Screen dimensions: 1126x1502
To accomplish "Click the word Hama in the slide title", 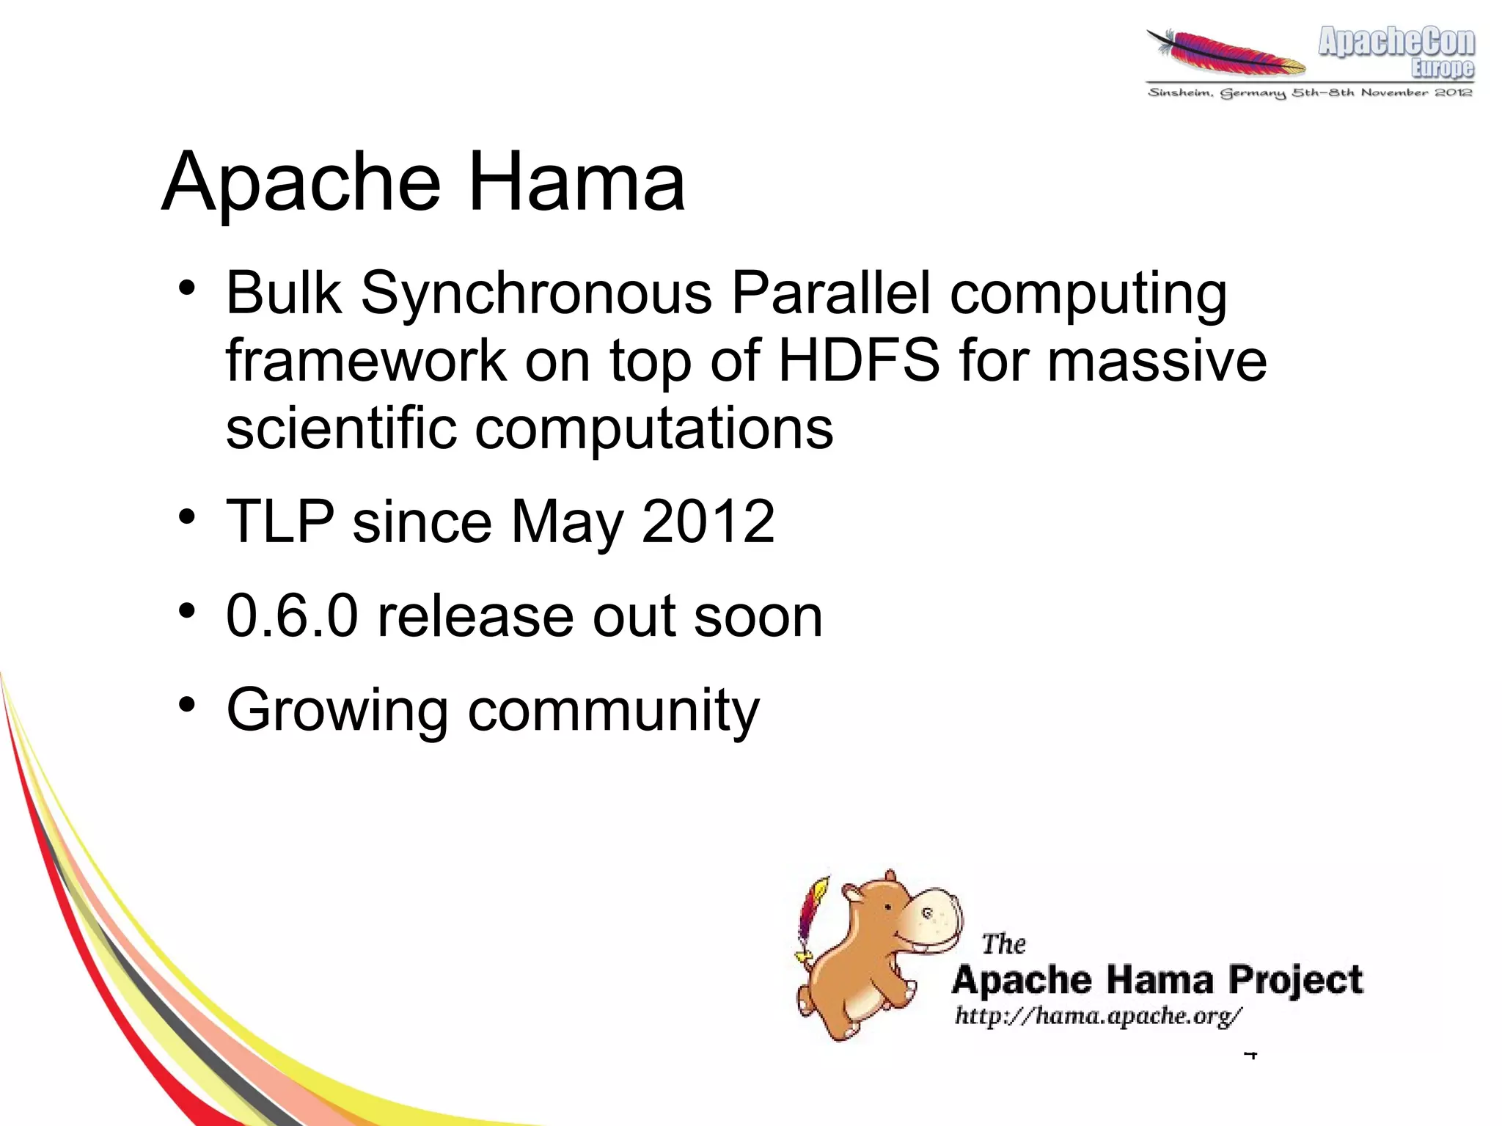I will point(576,182).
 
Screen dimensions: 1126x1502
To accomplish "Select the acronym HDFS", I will point(858,360).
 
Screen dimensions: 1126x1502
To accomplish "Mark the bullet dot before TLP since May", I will point(188,516).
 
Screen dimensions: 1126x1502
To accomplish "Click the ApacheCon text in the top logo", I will point(1396,42).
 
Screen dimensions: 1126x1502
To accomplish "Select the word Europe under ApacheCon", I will point(1442,68).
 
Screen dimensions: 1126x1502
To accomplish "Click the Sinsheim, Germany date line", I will point(1310,92).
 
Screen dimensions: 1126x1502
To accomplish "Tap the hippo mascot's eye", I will point(888,907).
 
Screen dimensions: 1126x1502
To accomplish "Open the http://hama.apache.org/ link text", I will point(1098,1016).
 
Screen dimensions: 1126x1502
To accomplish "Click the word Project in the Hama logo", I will point(1296,981).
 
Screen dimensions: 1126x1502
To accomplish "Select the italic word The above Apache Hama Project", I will point(1003,944).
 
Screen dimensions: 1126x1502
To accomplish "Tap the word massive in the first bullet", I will point(1157,360).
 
